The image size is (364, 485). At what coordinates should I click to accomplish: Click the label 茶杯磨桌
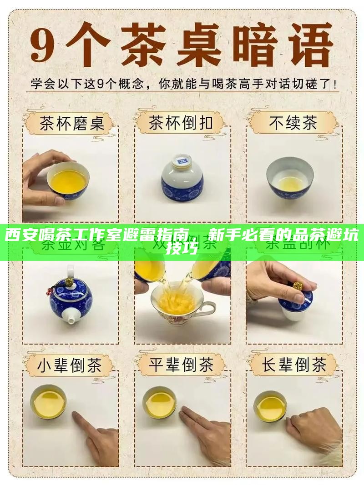tap(72, 123)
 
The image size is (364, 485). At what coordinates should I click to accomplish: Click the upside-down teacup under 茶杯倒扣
tap(182, 177)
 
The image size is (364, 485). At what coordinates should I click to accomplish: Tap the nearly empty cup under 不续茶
tap(290, 177)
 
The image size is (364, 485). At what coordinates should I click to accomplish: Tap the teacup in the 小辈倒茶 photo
tap(48, 402)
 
